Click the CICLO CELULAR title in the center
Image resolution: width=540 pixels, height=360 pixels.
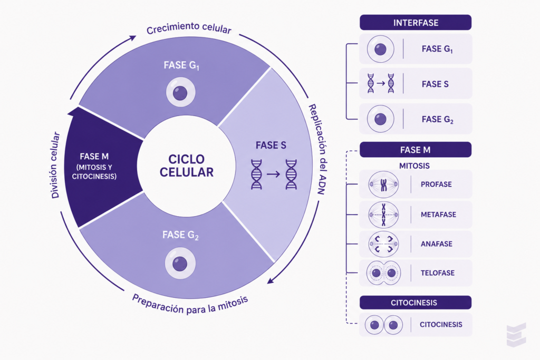click(186, 166)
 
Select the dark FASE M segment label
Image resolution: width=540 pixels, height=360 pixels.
click(94, 166)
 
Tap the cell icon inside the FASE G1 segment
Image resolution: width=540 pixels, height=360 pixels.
click(180, 92)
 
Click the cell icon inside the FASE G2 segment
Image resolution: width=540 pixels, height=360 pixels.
click(180, 264)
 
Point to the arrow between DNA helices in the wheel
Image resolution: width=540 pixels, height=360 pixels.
click(274, 174)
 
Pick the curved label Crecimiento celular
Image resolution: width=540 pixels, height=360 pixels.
click(189, 28)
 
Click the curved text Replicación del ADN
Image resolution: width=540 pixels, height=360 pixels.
click(317, 149)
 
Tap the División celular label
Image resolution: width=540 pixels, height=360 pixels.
click(55, 165)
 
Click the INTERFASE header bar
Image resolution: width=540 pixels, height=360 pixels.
click(416, 23)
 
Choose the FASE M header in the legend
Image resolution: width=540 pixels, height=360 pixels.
click(416, 150)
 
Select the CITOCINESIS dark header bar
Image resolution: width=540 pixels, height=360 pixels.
click(416, 303)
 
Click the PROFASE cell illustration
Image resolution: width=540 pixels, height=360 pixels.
click(383, 184)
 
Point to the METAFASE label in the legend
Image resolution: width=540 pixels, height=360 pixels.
click(438, 215)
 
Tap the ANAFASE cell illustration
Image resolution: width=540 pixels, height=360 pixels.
click(383, 244)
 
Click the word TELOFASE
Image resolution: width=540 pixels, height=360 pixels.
click(437, 273)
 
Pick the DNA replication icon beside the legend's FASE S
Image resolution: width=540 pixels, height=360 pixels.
click(381, 83)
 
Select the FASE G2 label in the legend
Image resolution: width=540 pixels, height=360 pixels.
click(437, 120)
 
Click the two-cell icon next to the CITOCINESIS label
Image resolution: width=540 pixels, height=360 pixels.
click(384, 325)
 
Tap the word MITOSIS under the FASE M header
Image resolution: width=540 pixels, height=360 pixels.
click(414, 166)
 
